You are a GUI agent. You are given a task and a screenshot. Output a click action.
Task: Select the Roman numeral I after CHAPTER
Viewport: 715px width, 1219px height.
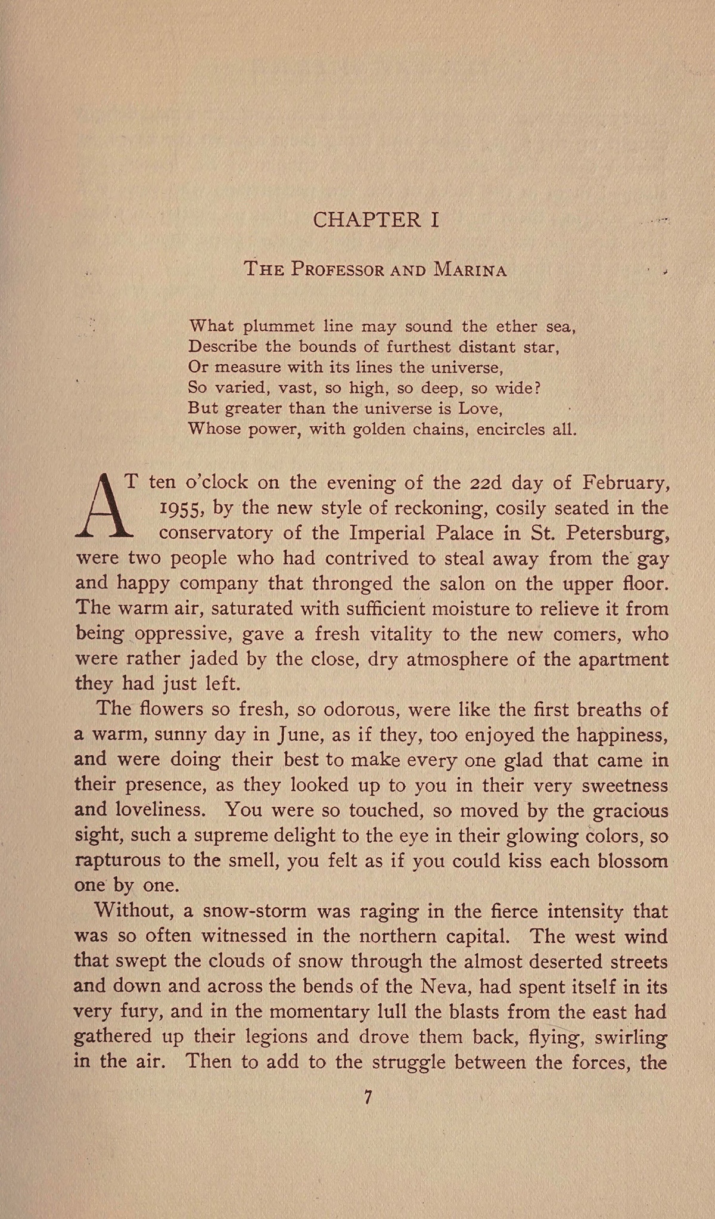point(434,220)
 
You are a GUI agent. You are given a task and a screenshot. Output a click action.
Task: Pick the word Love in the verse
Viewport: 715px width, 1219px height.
point(476,409)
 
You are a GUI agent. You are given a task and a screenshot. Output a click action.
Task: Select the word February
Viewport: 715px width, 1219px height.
point(626,482)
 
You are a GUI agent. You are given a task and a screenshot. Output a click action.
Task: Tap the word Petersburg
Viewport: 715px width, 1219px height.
point(617,533)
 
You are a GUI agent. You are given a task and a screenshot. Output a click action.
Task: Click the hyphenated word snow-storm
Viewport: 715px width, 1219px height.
point(254,911)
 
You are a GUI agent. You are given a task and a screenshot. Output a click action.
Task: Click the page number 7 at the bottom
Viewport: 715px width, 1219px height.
point(368,1097)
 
